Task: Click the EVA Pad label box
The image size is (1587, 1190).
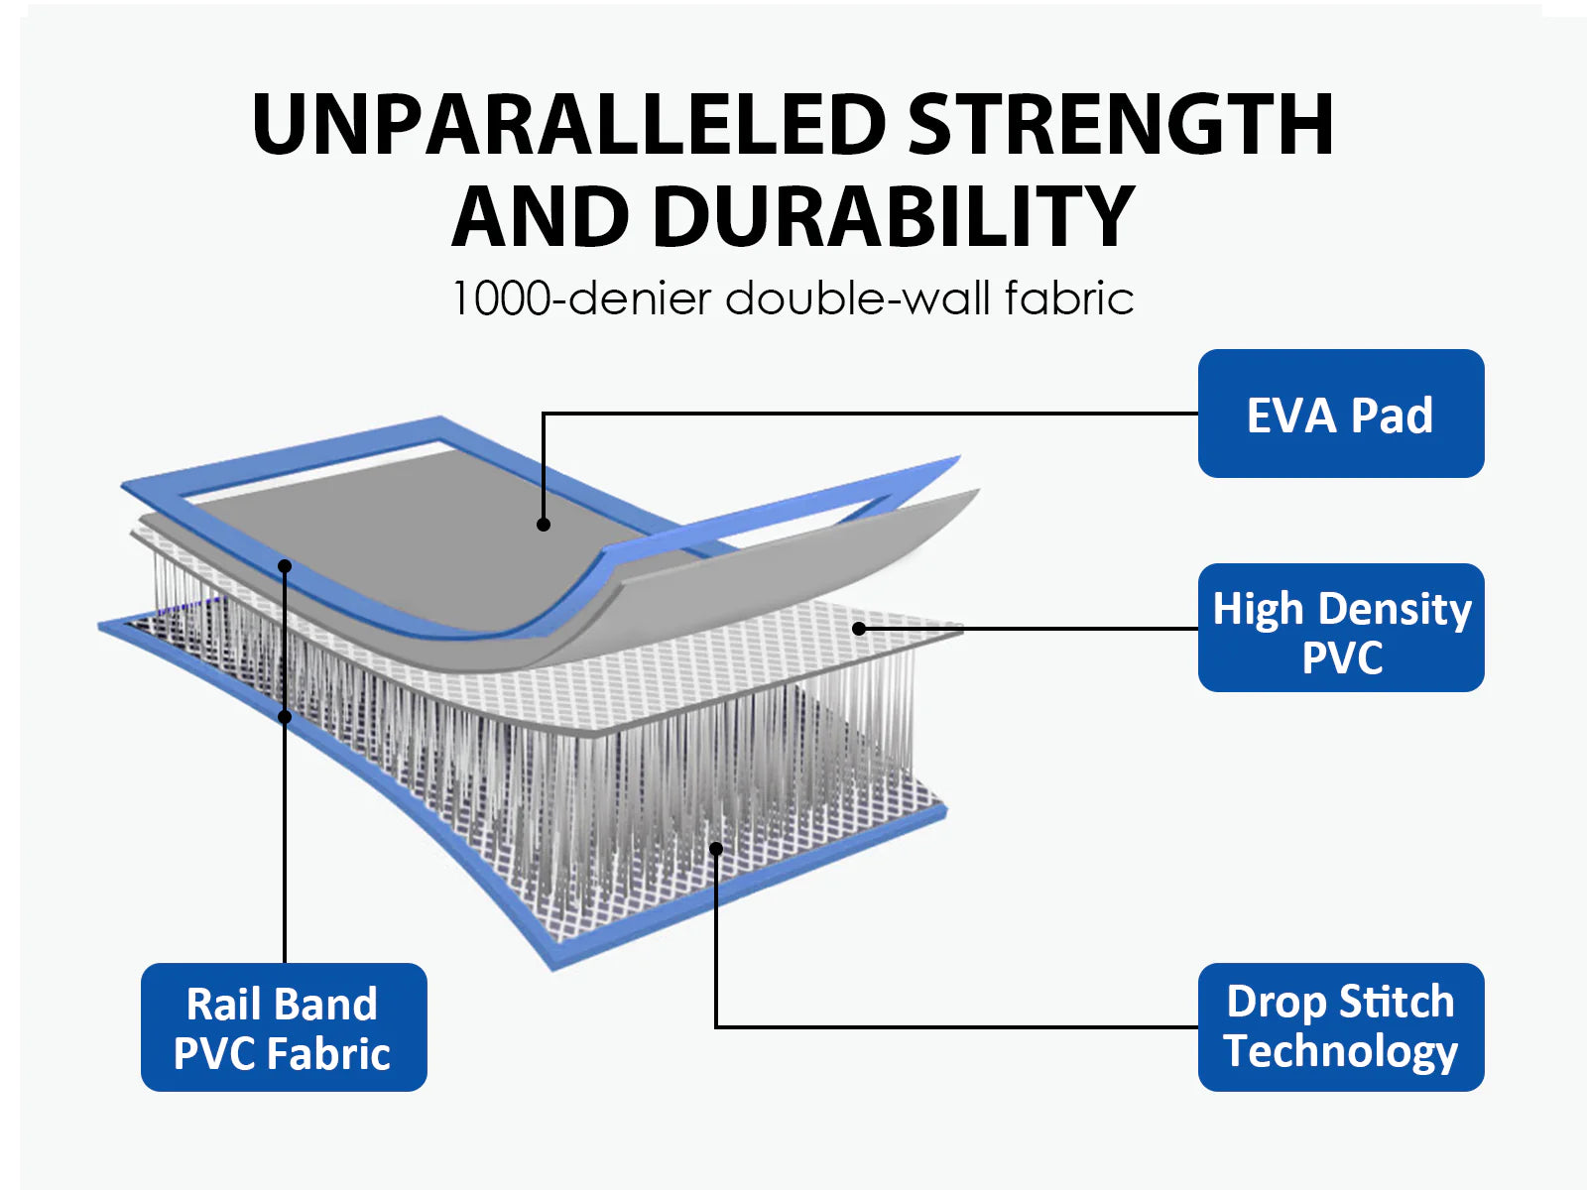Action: tap(1340, 414)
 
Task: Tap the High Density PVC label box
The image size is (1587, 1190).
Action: tap(1340, 627)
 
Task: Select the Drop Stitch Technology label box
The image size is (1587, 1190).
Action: tap(1340, 1026)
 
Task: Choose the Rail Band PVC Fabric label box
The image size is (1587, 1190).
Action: tap(284, 1026)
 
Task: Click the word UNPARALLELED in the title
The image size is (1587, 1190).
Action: tap(569, 124)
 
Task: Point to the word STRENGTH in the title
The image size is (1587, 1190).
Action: tap(1121, 124)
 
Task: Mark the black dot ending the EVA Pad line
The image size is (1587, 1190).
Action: tap(544, 525)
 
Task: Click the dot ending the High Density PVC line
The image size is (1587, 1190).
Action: tap(859, 629)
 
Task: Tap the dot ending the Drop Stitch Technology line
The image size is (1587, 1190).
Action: tap(716, 848)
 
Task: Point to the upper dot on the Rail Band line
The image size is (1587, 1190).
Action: tap(285, 566)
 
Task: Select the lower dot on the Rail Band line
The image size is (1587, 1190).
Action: tap(285, 717)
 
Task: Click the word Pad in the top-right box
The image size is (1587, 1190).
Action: tap(1391, 416)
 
